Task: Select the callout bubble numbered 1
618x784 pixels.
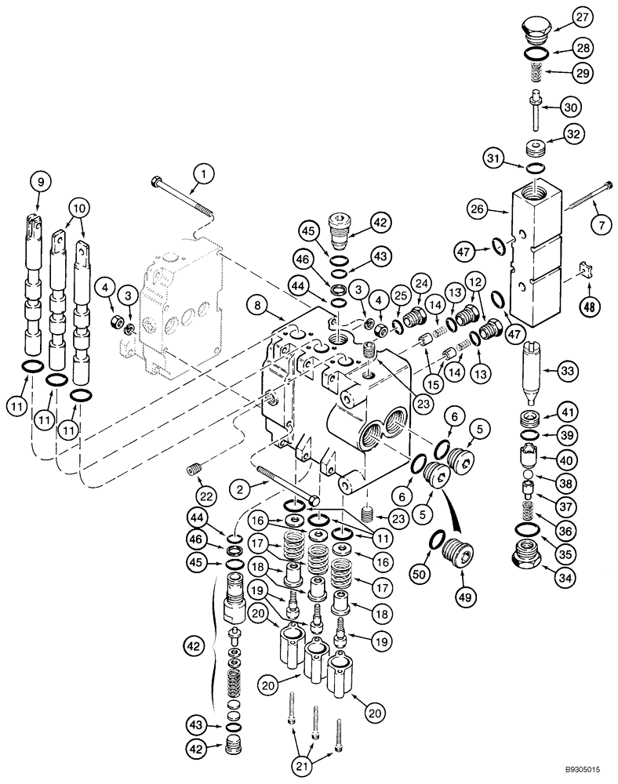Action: pos(202,172)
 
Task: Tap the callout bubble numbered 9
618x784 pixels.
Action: pos(41,181)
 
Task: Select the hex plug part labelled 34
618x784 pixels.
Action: pos(522,559)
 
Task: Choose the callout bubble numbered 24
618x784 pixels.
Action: pos(420,282)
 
